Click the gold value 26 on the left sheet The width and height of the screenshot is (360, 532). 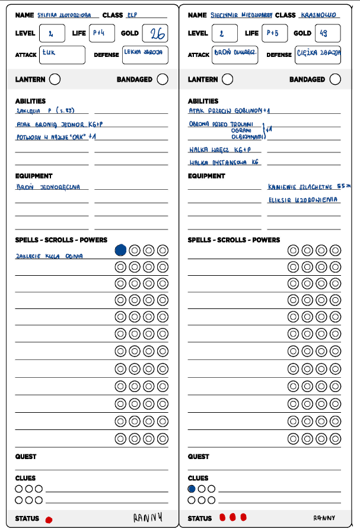(x=157, y=34)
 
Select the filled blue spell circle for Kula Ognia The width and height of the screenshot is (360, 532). (x=120, y=250)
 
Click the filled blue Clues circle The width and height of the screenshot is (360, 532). (x=192, y=489)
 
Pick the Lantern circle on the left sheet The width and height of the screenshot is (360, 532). (x=55, y=79)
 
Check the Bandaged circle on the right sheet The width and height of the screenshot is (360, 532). (x=335, y=79)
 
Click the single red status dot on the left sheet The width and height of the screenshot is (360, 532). (x=49, y=520)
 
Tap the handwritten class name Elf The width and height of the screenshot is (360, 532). (x=132, y=15)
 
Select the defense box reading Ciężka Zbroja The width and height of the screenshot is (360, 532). (x=318, y=55)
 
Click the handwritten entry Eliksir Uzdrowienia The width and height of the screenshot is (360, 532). (x=304, y=200)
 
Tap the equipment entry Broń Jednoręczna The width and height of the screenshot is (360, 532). (x=52, y=186)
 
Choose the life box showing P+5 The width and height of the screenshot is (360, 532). (x=273, y=33)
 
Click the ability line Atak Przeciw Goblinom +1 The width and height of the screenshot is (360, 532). (x=230, y=110)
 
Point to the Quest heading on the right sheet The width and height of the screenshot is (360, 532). (x=199, y=457)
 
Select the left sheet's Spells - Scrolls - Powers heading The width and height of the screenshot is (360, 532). (x=61, y=240)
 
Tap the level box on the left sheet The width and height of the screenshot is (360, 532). (x=52, y=33)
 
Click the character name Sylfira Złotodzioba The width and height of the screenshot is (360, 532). (x=68, y=15)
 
